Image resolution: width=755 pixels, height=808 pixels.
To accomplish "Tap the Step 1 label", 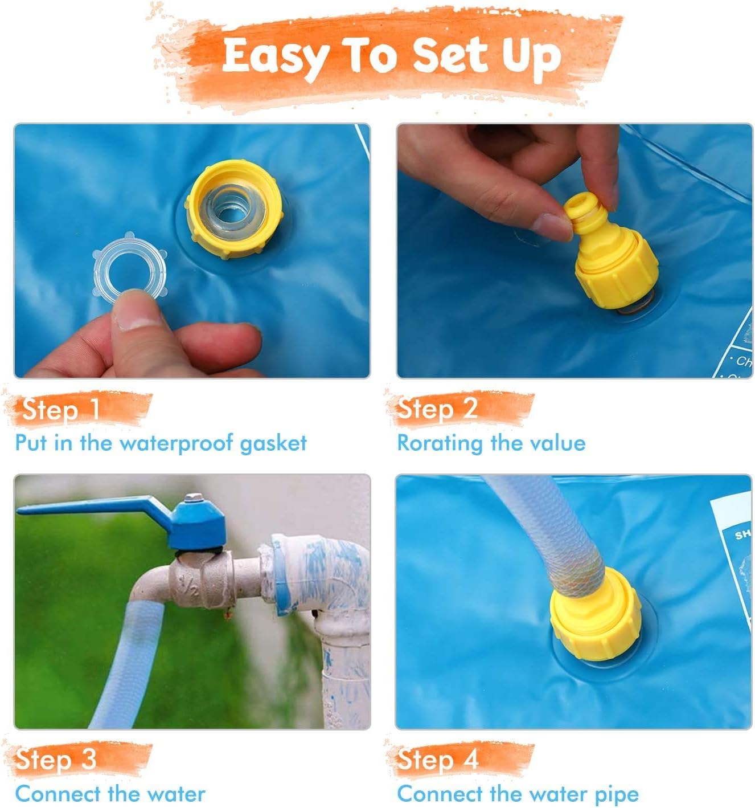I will coord(61,409).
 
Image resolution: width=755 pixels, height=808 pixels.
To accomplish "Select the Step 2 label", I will coord(437,409).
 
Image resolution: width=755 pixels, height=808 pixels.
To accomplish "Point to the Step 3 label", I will coord(56,759).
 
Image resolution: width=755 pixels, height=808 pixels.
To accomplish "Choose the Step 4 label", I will coord(437,759).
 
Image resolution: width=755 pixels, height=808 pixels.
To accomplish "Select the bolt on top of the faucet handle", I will coord(194,499).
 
